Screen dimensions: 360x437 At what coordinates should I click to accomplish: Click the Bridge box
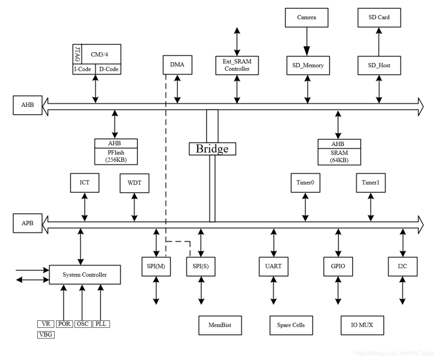pos(212,148)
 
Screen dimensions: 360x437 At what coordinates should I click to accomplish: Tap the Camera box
pos(306,17)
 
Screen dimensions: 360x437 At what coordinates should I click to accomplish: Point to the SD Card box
pos(379,17)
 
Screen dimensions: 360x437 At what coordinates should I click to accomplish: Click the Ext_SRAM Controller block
pos(237,65)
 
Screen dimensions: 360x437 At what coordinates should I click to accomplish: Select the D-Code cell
pos(108,69)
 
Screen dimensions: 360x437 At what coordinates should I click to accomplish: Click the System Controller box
pos(85,275)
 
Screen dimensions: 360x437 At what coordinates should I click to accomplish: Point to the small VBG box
pos(45,335)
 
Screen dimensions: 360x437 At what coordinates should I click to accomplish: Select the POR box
pos(64,324)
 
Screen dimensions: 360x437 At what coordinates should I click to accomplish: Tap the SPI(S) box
pos(201,267)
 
